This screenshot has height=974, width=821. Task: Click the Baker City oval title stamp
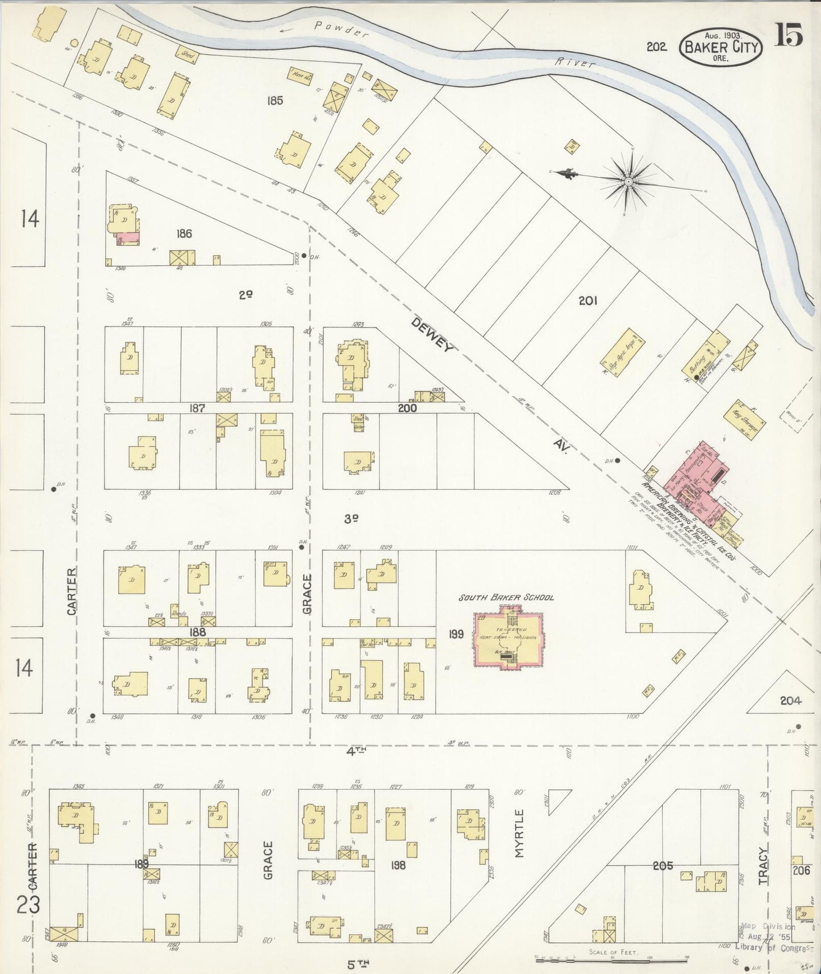721,47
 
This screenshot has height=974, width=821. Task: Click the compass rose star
628,181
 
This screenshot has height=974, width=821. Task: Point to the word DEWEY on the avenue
433,335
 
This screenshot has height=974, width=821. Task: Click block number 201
587,301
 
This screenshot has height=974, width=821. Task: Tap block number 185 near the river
275,101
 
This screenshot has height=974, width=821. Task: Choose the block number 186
184,233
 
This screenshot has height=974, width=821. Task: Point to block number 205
662,865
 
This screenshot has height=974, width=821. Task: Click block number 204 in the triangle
790,701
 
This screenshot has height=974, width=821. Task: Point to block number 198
398,865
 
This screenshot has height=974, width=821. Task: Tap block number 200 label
407,408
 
